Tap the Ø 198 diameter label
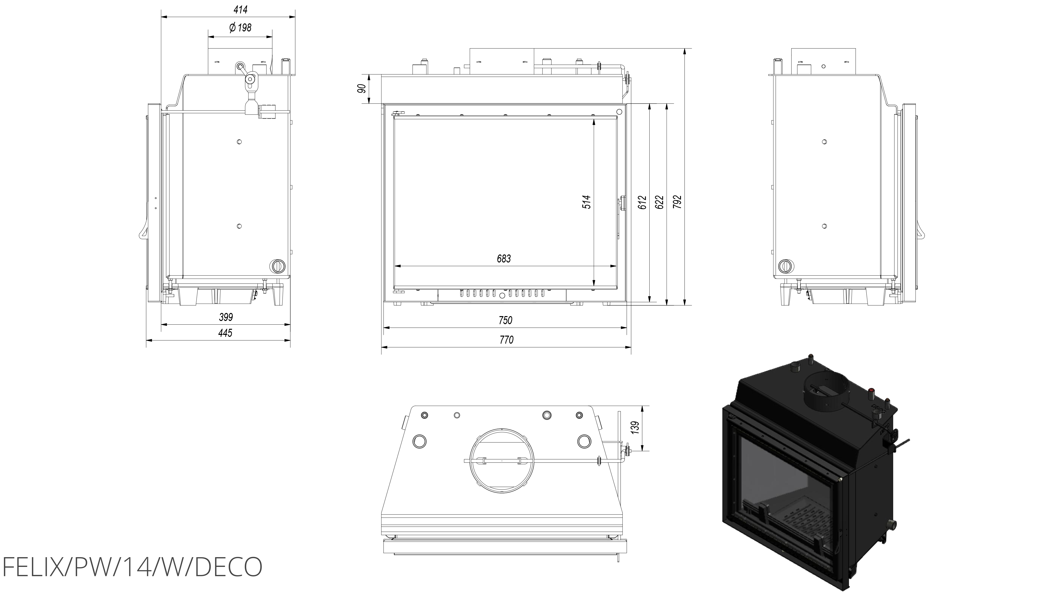pyautogui.click(x=241, y=28)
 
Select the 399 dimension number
pyautogui.click(x=226, y=317)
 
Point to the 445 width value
pyautogui.click(x=225, y=333)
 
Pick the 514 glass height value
pyautogui.click(x=587, y=202)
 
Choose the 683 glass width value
pyautogui.click(x=504, y=259)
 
